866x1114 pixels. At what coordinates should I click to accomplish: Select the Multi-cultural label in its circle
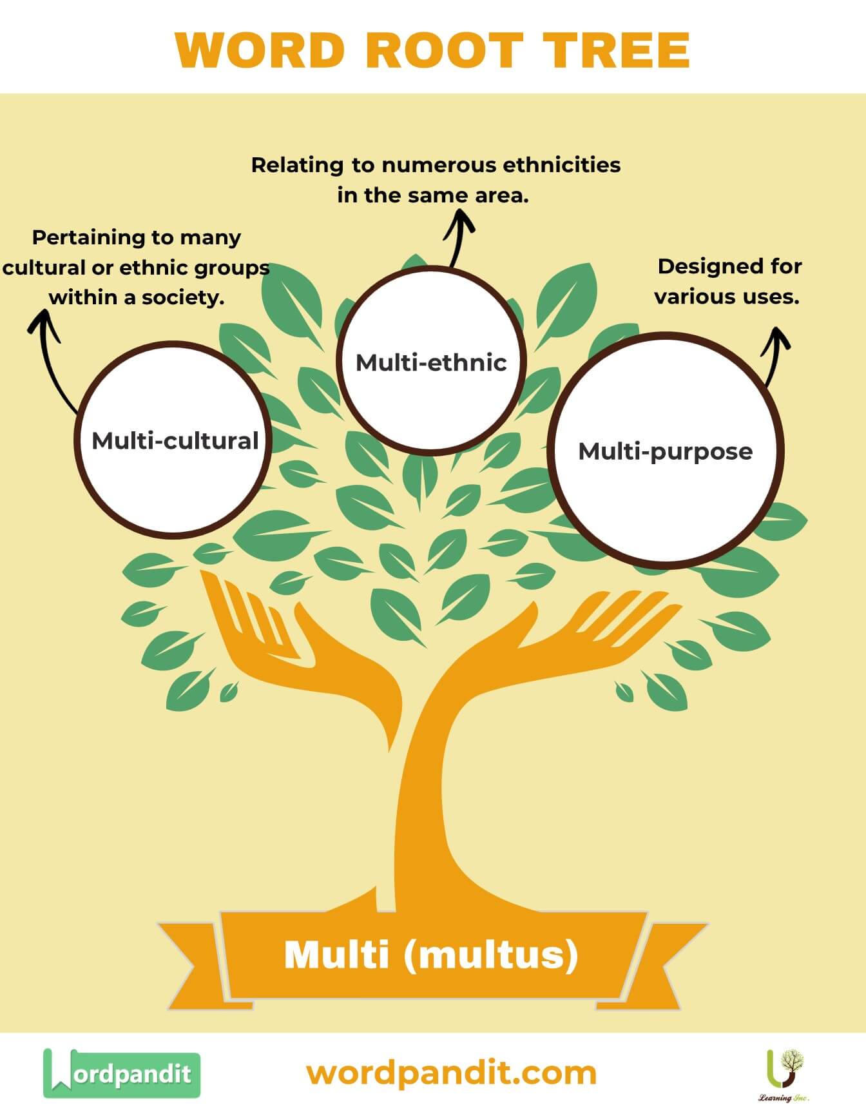(175, 441)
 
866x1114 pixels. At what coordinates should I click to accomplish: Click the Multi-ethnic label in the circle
(431, 362)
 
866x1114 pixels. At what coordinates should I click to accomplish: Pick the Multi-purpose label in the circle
(665, 451)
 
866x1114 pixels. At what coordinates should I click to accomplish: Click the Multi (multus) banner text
(431, 954)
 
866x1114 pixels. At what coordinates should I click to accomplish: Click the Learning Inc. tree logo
(784, 1071)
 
